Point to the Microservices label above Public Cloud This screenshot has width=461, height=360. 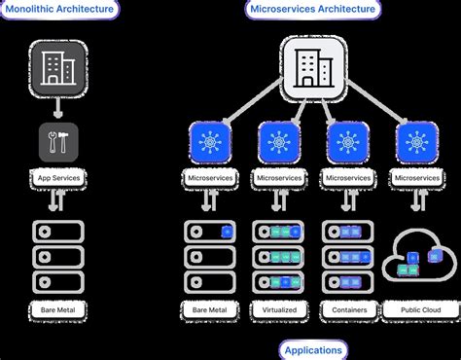coord(418,180)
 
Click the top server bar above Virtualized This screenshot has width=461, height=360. coord(279,232)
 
